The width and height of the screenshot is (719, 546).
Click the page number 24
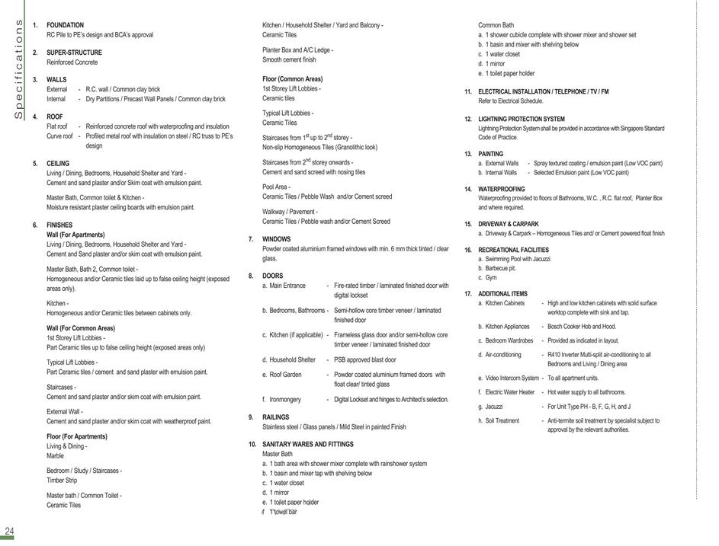tap(9, 531)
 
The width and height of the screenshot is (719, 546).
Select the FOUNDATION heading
tap(65, 25)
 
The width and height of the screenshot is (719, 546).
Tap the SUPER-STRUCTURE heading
tap(72, 53)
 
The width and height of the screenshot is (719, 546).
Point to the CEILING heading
tap(58, 164)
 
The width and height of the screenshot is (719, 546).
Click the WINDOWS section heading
tap(276, 239)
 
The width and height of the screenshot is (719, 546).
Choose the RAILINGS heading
tap(275, 417)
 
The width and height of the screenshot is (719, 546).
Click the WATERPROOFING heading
tap(501, 189)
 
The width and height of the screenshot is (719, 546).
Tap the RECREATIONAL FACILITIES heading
tap(513, 250)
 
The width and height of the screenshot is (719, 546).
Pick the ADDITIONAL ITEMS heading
tap(502, 294)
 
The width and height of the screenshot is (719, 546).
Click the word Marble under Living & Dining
tap(55, 455)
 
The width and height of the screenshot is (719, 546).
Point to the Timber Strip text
tap(62, 481)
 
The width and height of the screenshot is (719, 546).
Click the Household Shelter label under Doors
tap(292, 359)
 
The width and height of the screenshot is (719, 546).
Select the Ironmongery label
tap(285, 399)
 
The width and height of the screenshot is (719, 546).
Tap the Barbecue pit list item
tap(500, 268)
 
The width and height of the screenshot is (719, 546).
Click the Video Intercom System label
tap(512, 378)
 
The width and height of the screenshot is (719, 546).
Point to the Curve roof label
tap(59, 136)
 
